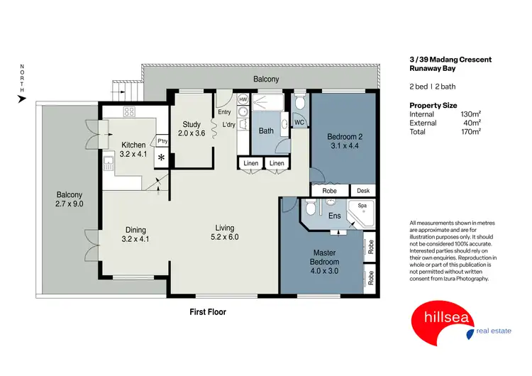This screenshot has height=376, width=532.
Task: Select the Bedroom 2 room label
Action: pos(343,142)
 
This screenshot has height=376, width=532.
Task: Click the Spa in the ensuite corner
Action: pos(362,207)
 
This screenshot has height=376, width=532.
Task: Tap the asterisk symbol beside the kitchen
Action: pos(162,157)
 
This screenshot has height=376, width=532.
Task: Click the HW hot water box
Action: pos(243,99)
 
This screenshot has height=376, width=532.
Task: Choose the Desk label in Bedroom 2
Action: pos(362,190)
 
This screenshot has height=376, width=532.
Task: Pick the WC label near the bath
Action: pos(299,123)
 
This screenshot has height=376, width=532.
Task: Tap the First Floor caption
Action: pos(208,311)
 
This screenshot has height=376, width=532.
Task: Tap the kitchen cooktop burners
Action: pos(130,111)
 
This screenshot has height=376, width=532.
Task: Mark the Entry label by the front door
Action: pos(224,112)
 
